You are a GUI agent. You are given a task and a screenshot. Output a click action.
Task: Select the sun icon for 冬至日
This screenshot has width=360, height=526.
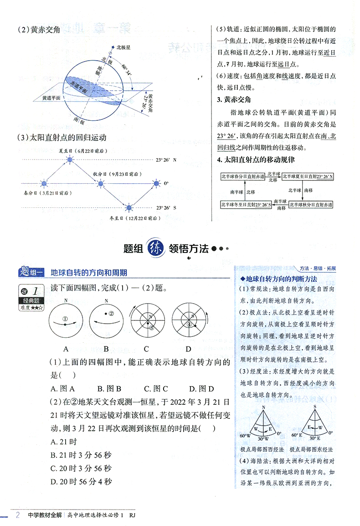coord(129,207)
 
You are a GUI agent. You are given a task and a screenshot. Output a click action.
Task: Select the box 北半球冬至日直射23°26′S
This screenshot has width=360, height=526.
coord(246,205)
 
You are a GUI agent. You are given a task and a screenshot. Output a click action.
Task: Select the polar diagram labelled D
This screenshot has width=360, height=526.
coord(188,321)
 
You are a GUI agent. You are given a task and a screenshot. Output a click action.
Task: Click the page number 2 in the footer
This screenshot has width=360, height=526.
coord(17,516)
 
